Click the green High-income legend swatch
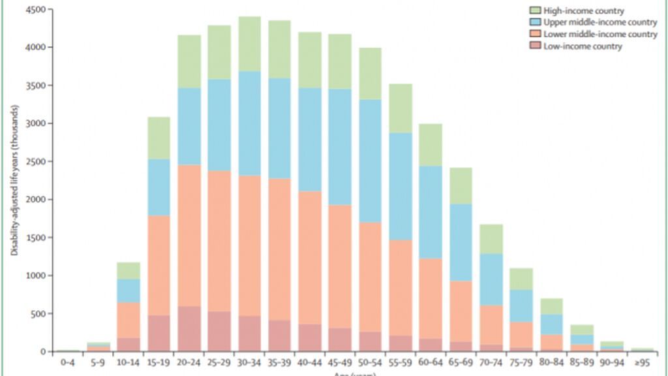coord(536,10)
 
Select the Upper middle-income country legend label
coord(601,22)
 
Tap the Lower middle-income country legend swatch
coord(536,34)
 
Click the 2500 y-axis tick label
coord(36,161)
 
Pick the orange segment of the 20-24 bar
coord(189,235)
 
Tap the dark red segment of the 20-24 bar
coord(189,329)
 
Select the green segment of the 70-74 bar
coord(491,239)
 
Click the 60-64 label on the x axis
coord(430,361)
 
